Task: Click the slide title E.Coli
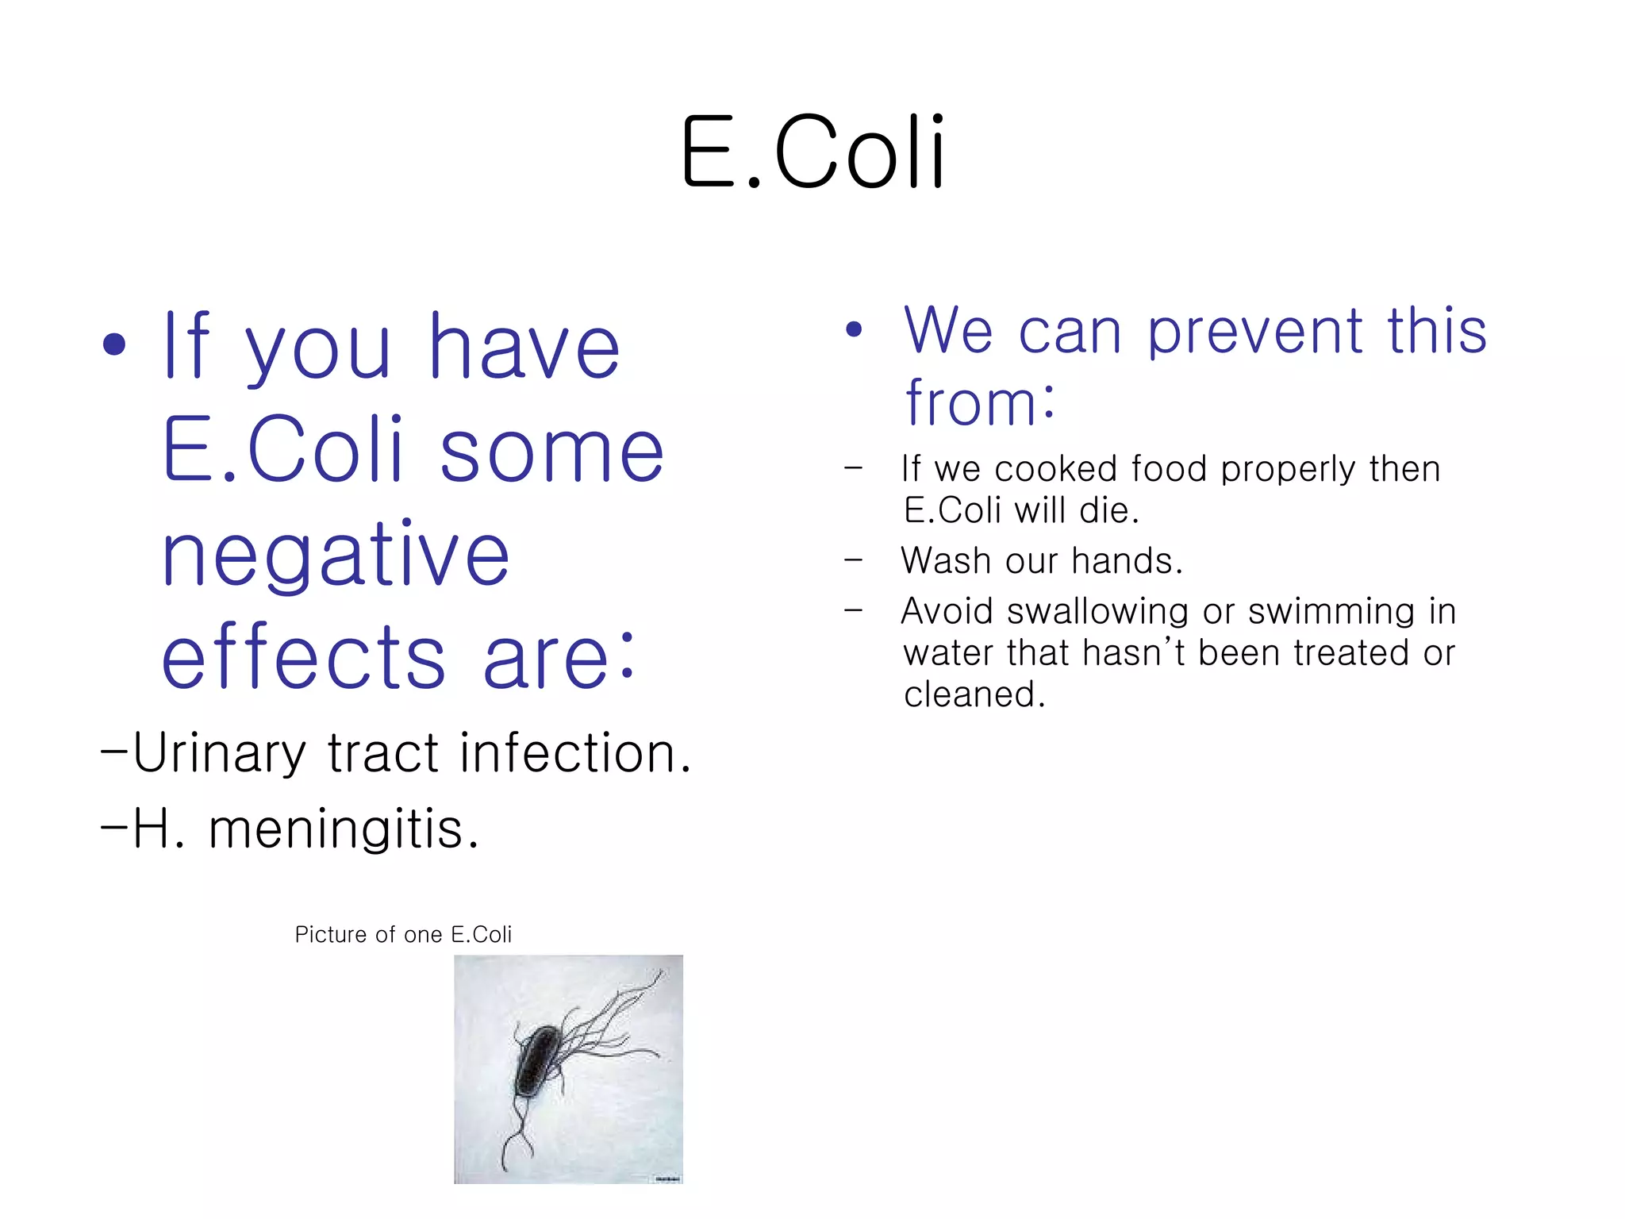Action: coord(812,152)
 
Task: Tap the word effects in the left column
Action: coord(303,657)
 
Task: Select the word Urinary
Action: coord(219,754)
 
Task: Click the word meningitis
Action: coord(343,830)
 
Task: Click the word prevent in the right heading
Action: coord(1255,331)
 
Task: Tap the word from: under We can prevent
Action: coord(981,403)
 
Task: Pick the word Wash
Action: coord(947,561)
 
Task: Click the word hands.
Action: coord(1127,561)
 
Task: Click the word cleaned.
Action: coord(974,695)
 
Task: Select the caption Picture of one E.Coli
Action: coord(403,935)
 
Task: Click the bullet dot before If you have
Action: coord(114,344)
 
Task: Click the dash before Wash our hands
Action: coord(853,561)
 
